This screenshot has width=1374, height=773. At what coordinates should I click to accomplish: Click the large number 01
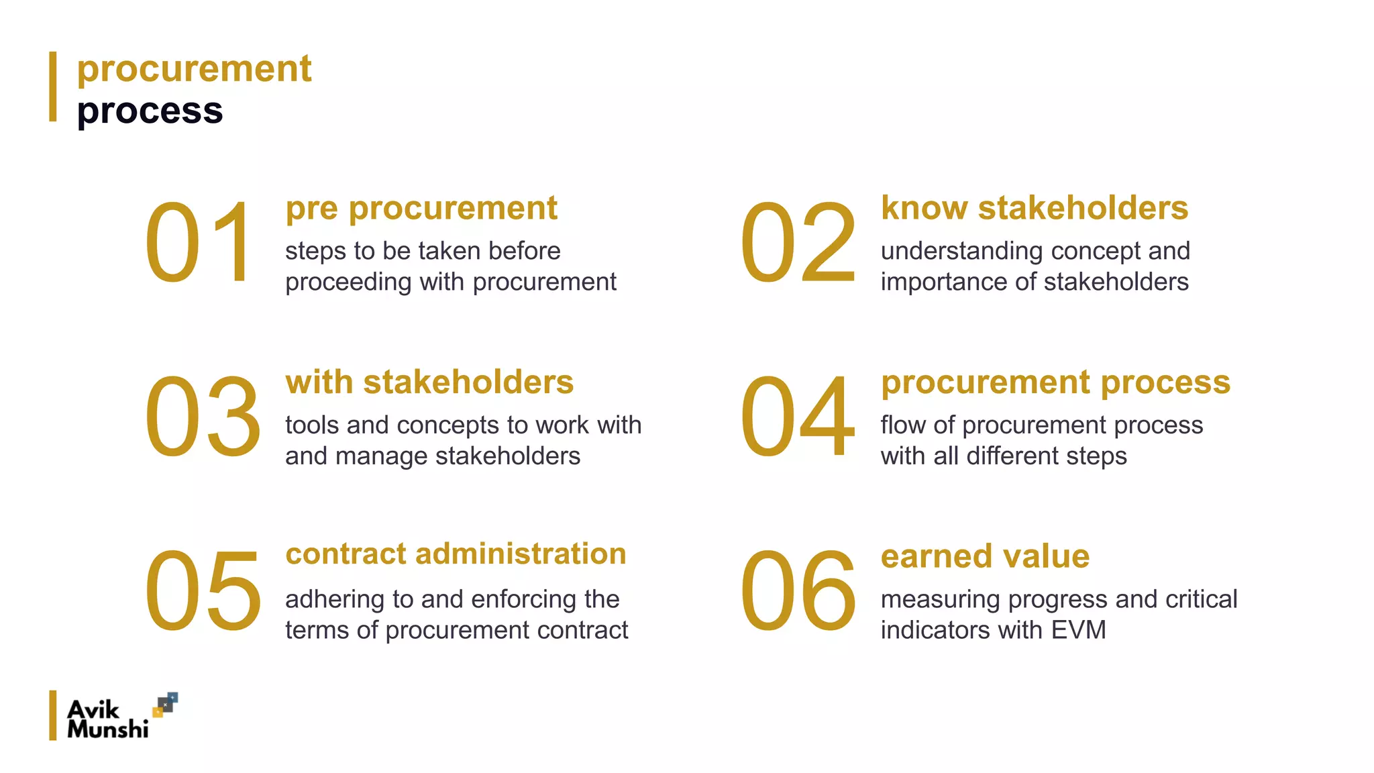(199, 242)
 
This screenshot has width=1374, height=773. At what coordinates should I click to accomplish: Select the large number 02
(798, 242)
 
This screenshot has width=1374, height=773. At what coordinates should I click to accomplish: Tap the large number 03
(203, 417)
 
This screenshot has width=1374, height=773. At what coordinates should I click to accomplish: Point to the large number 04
(798, 417)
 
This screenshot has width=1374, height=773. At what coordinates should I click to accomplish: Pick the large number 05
(203, 591)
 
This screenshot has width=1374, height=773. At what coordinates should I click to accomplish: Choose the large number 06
(798, 591)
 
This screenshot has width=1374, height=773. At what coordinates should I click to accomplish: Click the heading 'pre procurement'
(421, 208)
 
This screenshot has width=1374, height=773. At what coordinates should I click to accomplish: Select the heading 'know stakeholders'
(1035, 208)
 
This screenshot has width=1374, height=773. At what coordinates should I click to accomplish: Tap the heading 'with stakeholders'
(429, 382)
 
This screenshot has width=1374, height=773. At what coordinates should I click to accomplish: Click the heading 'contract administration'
(456, 554)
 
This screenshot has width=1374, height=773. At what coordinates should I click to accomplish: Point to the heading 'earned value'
(985, 556)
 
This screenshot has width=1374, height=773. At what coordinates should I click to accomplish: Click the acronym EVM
(1078, 630)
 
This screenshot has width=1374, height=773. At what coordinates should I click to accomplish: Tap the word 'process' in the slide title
(150, 111)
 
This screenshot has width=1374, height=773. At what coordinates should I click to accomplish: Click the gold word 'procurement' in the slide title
(194, 69)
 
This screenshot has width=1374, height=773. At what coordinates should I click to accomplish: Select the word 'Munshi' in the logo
(107, 729)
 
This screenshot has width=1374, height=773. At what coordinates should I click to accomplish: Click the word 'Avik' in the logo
(93, 709)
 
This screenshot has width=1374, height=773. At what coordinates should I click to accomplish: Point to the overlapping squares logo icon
(165, 705)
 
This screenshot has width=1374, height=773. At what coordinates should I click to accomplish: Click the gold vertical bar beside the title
(53, 87)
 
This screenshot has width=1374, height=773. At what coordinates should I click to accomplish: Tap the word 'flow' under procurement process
(902, 425)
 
